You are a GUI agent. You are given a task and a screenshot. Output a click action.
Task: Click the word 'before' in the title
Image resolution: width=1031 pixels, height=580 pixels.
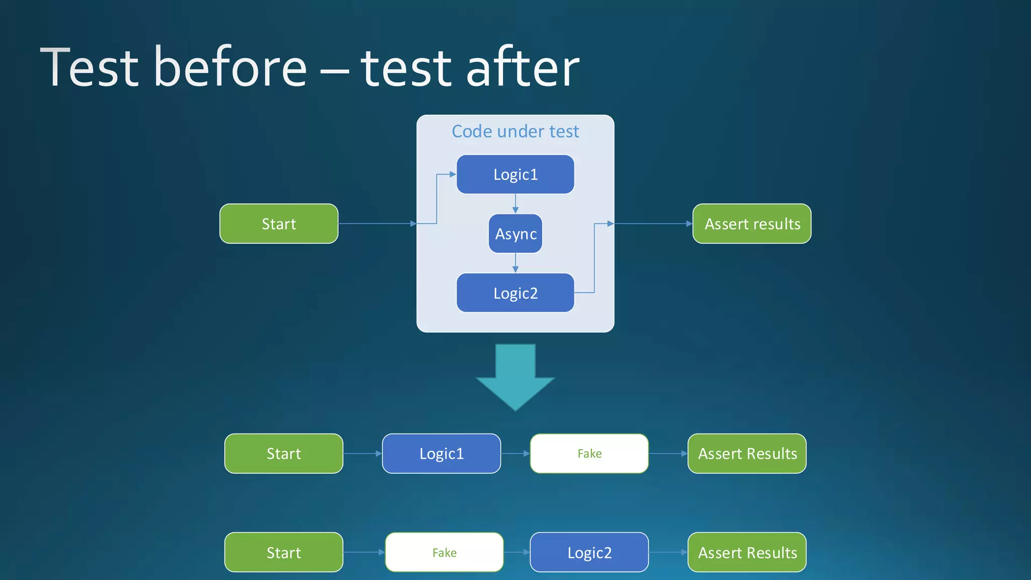click(x=230, y=68)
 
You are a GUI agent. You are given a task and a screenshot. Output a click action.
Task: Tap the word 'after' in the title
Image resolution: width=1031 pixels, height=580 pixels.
click(x=523, y=68)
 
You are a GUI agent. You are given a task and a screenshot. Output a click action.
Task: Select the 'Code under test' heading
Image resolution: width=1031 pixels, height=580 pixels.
click(x=515, y=131)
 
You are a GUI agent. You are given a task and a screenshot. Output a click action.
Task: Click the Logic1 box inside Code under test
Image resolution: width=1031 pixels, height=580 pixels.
click(x=515, y=174)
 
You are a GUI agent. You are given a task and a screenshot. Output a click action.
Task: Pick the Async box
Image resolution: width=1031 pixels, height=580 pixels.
click(x=515, y=234)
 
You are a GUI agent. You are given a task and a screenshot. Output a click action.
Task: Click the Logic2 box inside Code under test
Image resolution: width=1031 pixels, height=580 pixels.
click(x=515, y=293)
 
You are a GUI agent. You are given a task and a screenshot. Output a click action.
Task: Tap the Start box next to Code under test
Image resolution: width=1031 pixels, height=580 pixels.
click(x=279, y=224)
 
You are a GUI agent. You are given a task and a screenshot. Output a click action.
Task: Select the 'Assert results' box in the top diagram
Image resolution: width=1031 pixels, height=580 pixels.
click(x=752, y=224)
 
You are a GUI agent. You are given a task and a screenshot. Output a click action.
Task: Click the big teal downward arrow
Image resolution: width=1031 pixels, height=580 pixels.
click(x=515, y=378)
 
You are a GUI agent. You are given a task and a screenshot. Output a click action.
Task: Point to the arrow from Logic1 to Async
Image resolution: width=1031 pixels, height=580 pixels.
click(x=515, y=204)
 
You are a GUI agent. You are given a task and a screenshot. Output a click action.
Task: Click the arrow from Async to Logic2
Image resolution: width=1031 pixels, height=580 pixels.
click(x=515, y=263)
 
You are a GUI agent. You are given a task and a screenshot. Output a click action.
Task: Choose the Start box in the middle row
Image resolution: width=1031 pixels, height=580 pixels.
click(x=283, y=454)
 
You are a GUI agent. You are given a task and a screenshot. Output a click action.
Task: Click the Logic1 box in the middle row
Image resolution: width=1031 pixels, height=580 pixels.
click(x=441, y=454)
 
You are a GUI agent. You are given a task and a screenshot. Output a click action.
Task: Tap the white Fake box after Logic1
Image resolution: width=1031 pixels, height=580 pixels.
click(x=589, y=454)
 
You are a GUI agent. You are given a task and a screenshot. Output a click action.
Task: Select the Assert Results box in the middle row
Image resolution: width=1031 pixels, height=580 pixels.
click(x=747, y=454)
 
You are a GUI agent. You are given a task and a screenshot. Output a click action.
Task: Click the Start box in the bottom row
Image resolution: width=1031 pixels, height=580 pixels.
click(x=283, y=552)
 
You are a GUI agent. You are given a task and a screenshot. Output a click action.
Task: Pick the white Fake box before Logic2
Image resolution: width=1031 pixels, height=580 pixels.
click(x=444, y=552)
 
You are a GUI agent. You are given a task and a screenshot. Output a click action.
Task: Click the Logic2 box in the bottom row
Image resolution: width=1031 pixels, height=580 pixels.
click(x=589, y=552)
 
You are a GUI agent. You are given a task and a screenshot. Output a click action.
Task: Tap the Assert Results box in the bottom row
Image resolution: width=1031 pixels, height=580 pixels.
click(x=747, y=552)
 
